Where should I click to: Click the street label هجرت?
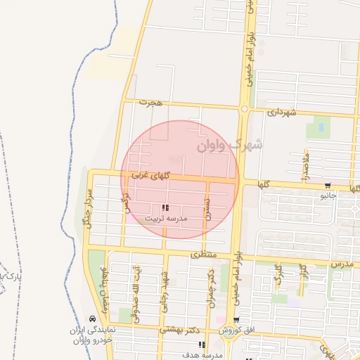(150, 103)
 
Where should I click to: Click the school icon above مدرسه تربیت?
(165, 208)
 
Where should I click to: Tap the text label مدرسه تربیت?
(167, 219)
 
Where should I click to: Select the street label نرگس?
(127, 204)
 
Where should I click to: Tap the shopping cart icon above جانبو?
(328, 186)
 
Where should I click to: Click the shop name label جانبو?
(328, 196)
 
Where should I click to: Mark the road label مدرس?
(341, 263)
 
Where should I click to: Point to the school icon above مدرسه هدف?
(202, 345)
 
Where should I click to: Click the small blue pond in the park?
(321, 127)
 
